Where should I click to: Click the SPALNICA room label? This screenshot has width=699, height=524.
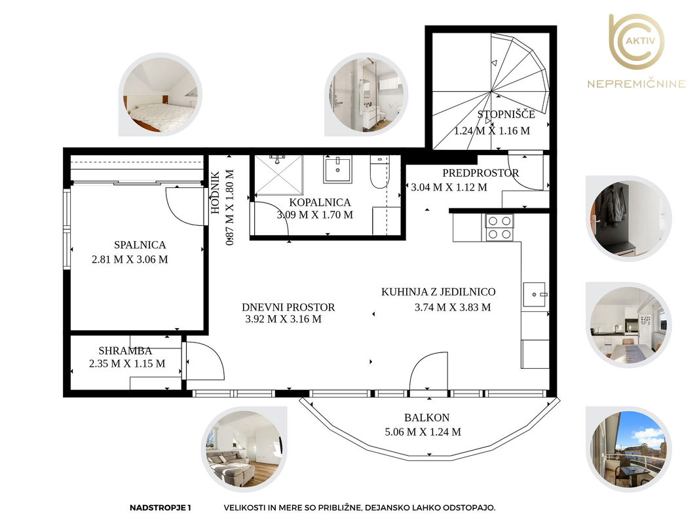tap(140, 244)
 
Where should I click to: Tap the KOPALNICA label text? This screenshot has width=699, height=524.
tap(320, 202)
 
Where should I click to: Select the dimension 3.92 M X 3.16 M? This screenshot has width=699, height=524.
tap(283, 319)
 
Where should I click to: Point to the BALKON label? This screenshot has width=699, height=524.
tap(426, 417)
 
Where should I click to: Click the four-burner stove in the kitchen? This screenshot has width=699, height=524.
tap(499, 227)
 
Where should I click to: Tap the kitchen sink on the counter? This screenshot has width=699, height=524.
tap(535, 294)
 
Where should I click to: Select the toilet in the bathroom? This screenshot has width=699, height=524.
tap(379, 172)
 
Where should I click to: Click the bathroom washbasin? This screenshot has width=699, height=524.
tap(337, 169)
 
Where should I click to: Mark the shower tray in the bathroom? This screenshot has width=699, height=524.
tap(278, 175)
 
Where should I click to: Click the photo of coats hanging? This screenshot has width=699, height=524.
tap(628, 218)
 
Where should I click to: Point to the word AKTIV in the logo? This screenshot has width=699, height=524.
tap(641, 41)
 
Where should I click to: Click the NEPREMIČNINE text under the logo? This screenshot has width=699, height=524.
tap(636, 84)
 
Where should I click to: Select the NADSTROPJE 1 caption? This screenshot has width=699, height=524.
tap(160, 508)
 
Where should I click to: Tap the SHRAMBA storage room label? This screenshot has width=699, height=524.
tap(125, 350)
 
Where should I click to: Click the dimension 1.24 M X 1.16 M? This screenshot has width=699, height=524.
tap(492, 131)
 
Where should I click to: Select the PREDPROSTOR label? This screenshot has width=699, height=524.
tap(481, 173)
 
